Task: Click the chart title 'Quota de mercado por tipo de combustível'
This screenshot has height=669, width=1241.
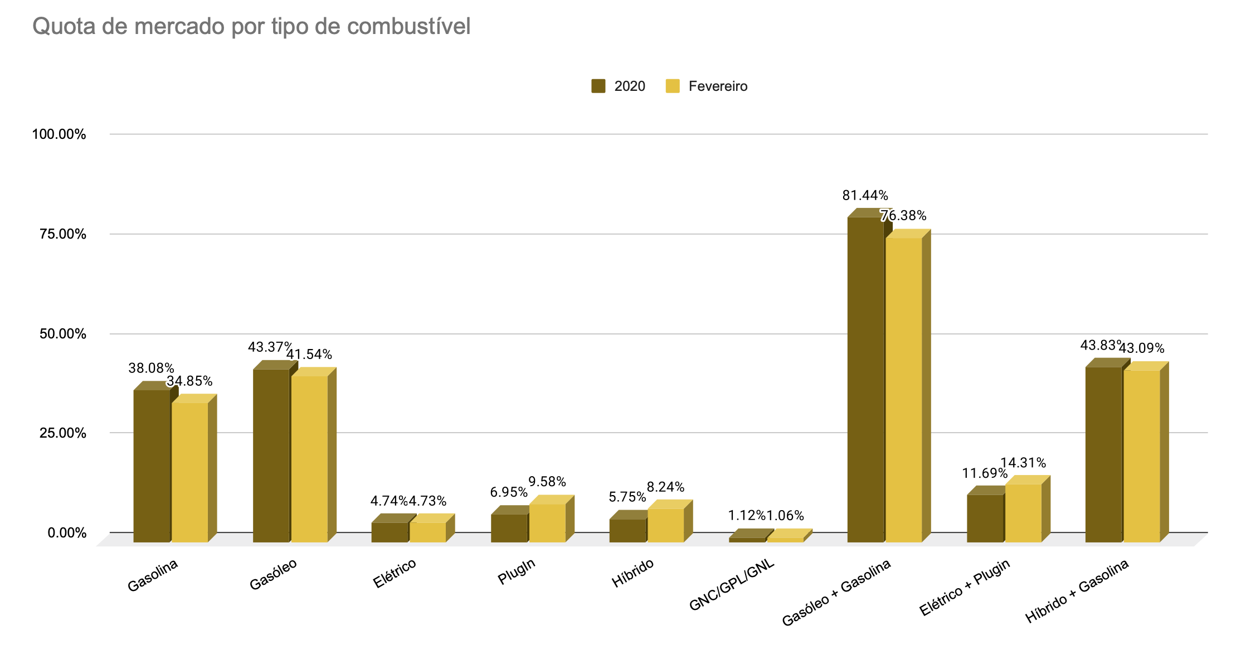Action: click(x=251, y=26)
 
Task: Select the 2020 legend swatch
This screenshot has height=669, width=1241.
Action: click(x=598, y=86)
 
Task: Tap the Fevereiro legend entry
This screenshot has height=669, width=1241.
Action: click(x=718, y=86)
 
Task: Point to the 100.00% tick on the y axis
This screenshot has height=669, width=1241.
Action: click(x=59, y=134)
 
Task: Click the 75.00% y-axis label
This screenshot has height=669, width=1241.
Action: click(x=63, y=234)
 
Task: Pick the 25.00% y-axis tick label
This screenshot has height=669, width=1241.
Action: click(x=63, y=433)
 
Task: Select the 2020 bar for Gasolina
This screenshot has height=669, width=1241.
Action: click(x=152, y=466)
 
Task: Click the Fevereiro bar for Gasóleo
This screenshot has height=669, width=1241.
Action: click(x=309, y=459)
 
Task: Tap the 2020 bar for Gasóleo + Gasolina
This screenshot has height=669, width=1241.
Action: click(x=865, y=379)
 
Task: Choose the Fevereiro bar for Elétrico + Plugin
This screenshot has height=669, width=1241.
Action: click(x=1023, y=513)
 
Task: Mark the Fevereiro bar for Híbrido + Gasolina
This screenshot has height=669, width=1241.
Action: click(x=1142, y=456)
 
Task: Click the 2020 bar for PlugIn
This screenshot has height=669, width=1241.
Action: click(x=509, y=528)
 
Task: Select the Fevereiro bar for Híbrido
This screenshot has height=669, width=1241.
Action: click(x=665, y=525)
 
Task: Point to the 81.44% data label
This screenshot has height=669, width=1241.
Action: click(x=865, y=196)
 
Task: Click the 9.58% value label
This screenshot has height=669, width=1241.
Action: click(x=547, y=482)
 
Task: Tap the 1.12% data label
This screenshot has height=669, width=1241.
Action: click(x=747, y=516)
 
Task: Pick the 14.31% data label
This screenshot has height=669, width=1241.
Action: click(x=1023, y=463)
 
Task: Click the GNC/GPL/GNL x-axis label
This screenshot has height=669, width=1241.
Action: click(x=732, y=585)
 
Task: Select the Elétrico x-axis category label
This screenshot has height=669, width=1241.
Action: click(x=395, y=573)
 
